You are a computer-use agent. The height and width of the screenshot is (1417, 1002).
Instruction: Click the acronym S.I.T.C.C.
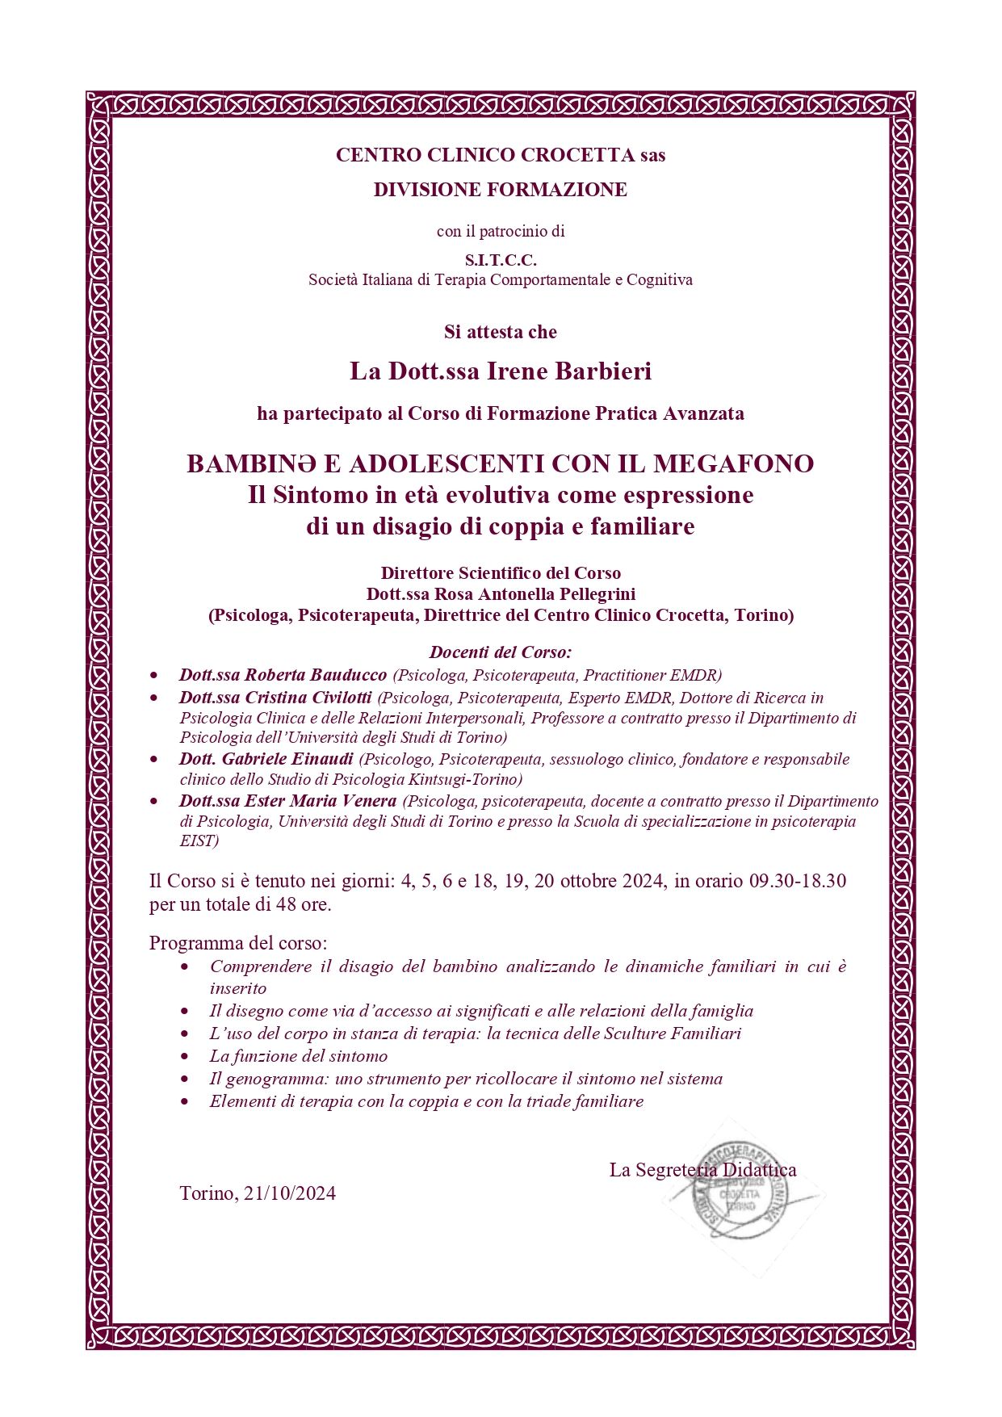[x=501, y=260]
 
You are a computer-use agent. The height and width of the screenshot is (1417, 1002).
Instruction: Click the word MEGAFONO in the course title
[x=733, y=463]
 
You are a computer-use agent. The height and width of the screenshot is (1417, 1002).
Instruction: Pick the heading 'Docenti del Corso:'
[x=501, y=652]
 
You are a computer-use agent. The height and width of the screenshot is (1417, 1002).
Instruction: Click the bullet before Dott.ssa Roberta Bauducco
[x=154, y=675]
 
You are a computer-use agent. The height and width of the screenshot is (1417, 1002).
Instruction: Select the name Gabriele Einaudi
[x=287, y=759]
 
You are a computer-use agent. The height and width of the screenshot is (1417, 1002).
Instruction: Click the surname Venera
[x=367, y=801]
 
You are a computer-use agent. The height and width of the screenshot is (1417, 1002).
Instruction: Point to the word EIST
[x=196, y=841]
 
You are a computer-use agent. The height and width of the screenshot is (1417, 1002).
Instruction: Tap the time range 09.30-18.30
[x=798, y=881]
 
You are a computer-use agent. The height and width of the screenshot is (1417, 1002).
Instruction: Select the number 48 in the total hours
[x=286, y=904]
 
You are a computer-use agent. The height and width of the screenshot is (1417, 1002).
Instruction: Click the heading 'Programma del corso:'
[x=238, y=943]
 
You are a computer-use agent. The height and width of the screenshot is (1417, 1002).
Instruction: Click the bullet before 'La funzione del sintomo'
[x=186, y=1056]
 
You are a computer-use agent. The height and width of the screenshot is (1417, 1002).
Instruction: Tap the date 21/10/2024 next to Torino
[x=289, y=1193]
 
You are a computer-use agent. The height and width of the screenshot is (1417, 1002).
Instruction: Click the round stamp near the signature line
[x=739, y=1191]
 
